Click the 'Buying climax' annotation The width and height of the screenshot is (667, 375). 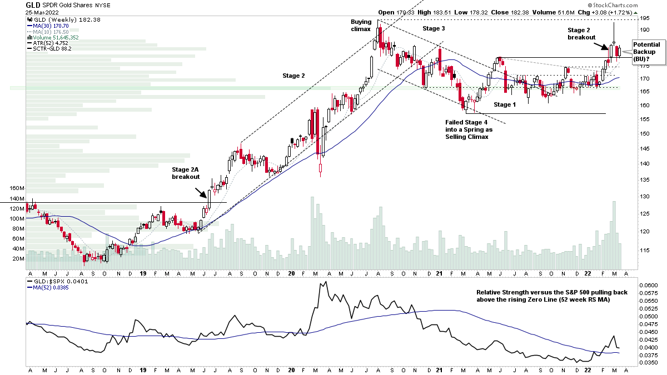(361, 26)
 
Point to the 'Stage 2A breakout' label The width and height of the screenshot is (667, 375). (185, 172)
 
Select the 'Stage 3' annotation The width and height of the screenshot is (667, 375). (434, 28)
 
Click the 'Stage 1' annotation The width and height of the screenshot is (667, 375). (505, 104)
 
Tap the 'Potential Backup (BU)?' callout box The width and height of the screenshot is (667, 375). (646, 52)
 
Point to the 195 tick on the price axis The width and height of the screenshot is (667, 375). (645, 19)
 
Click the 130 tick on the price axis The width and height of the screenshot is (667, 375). (645, 197)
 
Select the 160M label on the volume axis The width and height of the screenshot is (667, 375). (17, 188)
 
